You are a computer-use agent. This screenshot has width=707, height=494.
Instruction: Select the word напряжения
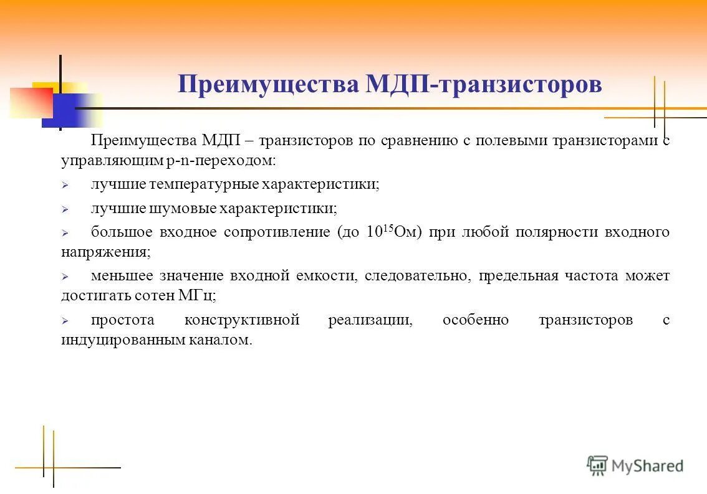point(105,252)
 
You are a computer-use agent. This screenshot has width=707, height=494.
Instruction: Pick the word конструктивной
point(242,320)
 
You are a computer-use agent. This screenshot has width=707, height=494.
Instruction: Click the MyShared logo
point(635,465)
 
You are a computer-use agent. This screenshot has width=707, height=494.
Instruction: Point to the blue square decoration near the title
point(65,110)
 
